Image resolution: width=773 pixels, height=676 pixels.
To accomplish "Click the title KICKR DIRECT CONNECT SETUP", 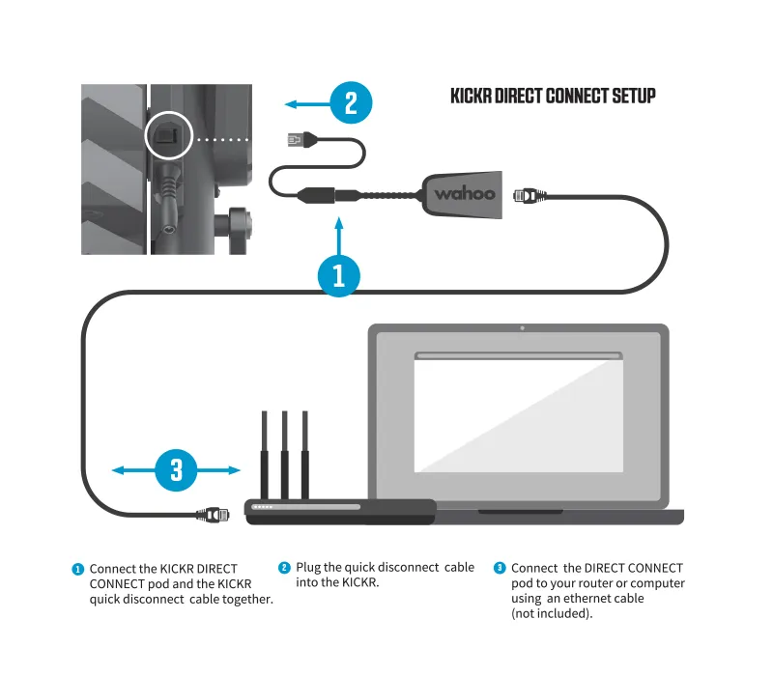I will [x=553, y=97].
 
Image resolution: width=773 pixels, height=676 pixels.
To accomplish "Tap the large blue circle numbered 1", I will [x=339, y=276].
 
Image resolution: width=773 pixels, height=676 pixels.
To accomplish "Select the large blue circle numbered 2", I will [x=352, y=102].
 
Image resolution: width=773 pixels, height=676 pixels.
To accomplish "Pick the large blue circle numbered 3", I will [x=177, y=470].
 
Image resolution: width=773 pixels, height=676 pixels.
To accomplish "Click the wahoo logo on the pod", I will [x=464, y=193].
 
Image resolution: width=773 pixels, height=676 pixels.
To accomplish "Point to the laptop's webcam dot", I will [x=522, y=328].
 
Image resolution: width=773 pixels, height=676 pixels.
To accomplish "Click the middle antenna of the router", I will [x=284, y=454].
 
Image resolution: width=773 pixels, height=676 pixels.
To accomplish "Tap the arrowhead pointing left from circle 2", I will [x=287, y=102].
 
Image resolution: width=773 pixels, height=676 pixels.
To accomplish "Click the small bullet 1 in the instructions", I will [x=78, y=569].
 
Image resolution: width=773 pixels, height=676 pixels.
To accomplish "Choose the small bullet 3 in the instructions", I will [x=500, y=569].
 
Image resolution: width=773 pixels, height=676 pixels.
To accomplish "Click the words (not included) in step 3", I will [x=552, y=613].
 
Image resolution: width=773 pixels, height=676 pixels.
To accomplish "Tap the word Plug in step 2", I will [x=309, y=568].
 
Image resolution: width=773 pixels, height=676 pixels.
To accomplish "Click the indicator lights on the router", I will [x=264, y=506].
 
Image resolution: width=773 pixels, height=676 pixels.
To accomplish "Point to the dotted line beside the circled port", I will [x=222, y=139].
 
